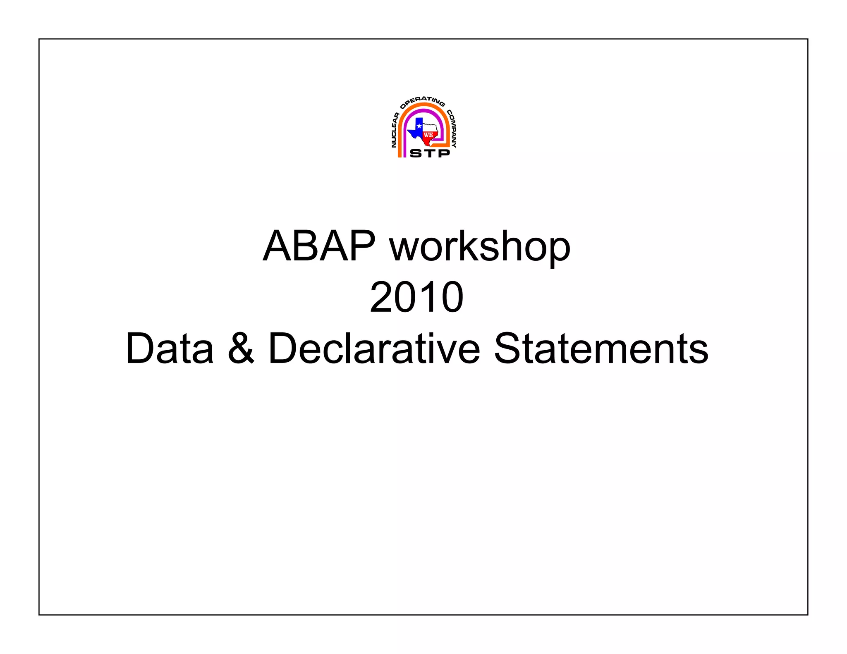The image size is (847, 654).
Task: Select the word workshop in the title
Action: coord(480,247)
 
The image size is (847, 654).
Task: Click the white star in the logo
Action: coord(419,126)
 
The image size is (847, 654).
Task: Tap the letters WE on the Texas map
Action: coord(428,135)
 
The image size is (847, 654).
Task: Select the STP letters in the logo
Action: coord(429,153)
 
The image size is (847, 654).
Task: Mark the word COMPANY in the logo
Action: coord(452,129)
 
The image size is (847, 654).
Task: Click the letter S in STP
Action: coord(415,153)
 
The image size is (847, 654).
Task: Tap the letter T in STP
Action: coord(429,153)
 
